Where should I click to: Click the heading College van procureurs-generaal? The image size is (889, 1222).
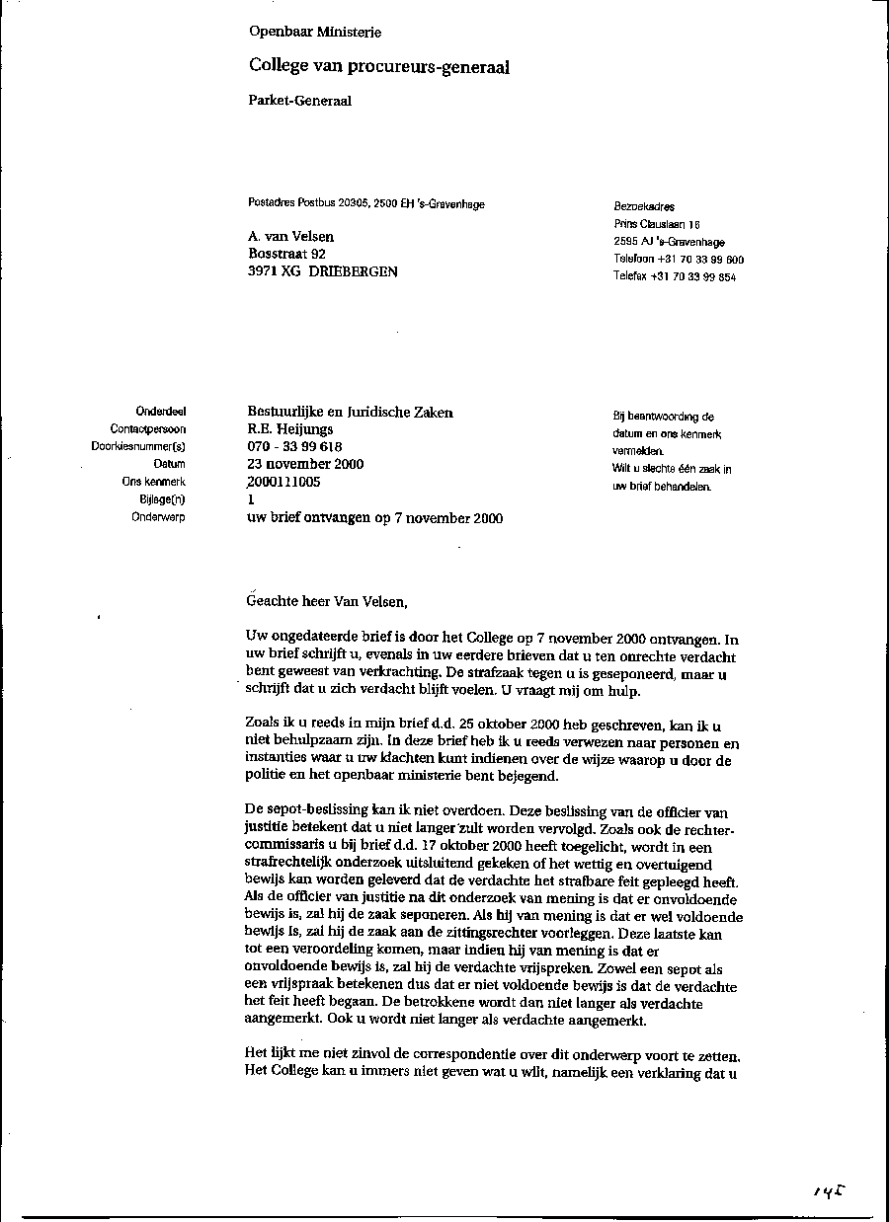[379, 67]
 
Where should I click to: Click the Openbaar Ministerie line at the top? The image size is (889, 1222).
[315, 32]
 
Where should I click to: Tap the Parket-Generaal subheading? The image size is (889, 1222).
[300, 100]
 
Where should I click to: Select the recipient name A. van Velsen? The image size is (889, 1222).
[291, 237]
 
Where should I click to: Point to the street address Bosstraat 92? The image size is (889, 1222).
[287, 254]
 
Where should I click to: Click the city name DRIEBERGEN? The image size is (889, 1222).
[354, 271]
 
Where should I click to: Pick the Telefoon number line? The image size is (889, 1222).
[679, 260]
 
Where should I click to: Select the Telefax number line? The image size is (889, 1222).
[675, 277]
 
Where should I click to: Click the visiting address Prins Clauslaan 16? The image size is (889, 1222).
[657, 225]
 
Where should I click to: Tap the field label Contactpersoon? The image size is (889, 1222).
[148, 429]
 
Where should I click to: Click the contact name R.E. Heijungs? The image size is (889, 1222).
[290, 429]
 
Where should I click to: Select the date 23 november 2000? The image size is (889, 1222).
[305, 464]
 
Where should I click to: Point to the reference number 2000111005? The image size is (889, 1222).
[284, 482]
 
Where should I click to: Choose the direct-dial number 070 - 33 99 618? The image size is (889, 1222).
[294, 447]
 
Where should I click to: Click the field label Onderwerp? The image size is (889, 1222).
[158, 516]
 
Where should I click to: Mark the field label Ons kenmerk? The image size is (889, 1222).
[154, 482]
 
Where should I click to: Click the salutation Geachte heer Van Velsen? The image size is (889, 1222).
[326, 601]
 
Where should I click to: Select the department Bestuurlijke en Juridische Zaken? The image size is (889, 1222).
[350, 413]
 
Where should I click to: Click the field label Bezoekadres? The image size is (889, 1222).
[644, 207]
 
